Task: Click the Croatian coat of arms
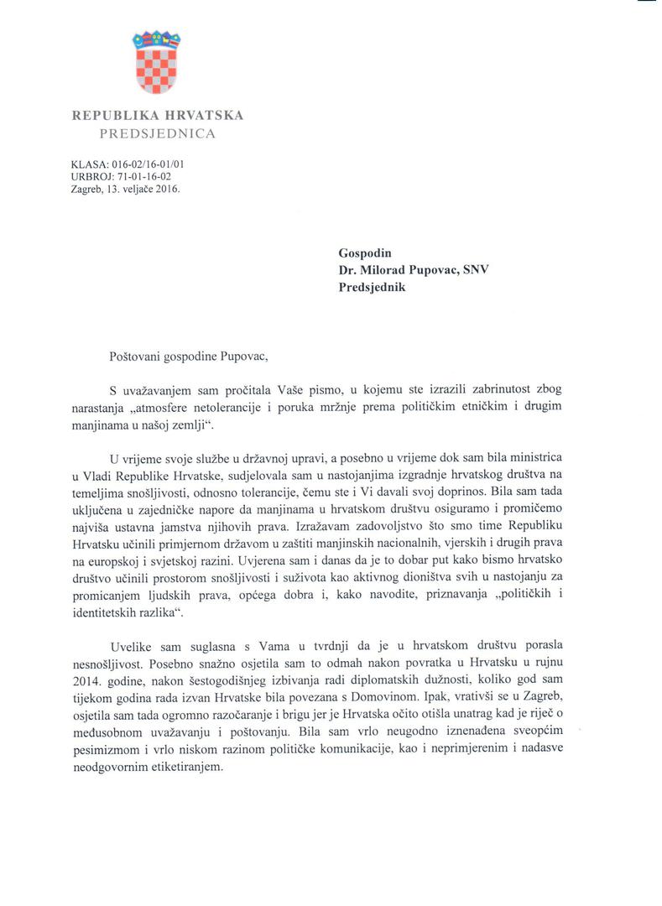[157, 64]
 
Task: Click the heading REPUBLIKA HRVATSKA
[157, 115]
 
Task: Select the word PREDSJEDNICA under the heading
[157, 133]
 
